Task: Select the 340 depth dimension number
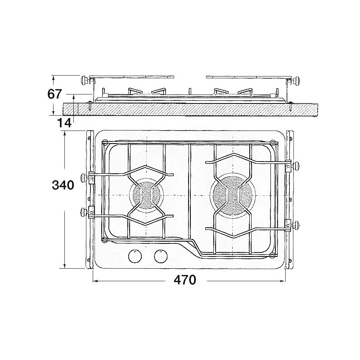(63, 185)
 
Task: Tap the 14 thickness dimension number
(65, 123)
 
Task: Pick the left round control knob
(134, 256)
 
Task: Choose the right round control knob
(160, 256)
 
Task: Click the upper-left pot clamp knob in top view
(83, 177)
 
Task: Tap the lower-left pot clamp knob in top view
(83, 212)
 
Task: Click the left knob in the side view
(84, 81)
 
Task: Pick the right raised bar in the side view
(248, 76)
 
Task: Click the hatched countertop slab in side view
(189, 109)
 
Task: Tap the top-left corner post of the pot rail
(104, 144)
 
